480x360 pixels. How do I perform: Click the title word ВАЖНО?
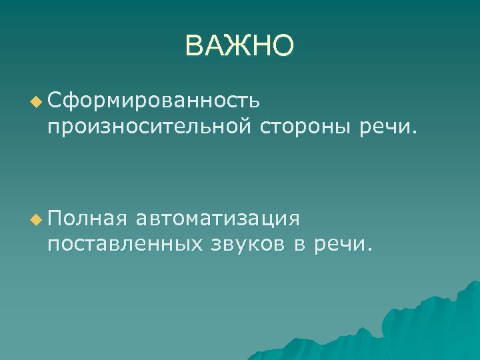tap(239, 46)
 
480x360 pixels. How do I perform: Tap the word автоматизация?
tap(218, 219)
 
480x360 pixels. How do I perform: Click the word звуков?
tap(247, 244)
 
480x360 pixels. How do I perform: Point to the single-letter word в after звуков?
tap(299, 244)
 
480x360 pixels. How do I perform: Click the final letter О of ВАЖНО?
tap(283, 46)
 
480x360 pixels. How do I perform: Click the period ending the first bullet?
tap(415, 131)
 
